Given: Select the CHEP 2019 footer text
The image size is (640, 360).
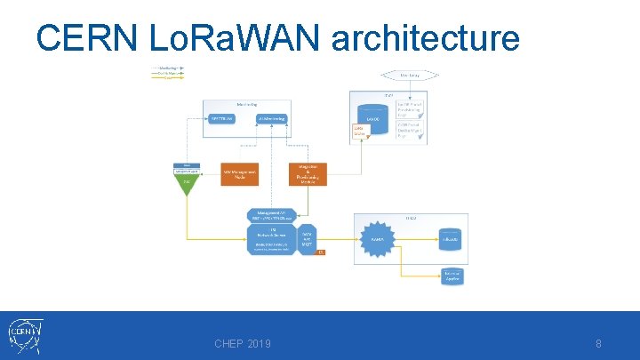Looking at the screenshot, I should pos(243,344).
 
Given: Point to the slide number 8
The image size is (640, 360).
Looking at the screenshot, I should pos(598,344).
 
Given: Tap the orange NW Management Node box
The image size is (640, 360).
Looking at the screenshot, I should pos(239,173).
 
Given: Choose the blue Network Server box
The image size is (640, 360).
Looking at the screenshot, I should pos(272,238).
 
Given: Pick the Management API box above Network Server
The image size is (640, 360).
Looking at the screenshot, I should pos(272,215).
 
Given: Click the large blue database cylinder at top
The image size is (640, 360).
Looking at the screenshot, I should pos(374,118).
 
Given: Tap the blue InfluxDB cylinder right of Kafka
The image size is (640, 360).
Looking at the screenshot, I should pos(452,237).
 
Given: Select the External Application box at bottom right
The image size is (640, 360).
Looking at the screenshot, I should pos(452,276).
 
